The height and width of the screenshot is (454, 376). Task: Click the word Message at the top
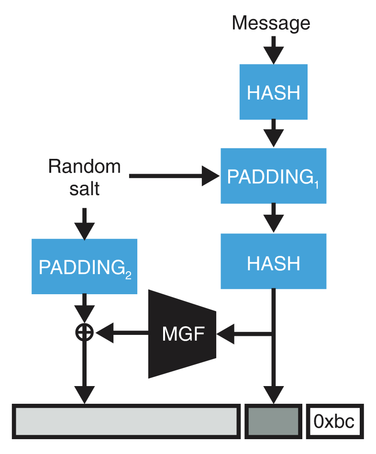click(271, 22)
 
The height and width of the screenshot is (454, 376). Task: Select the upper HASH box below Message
click(273, 92)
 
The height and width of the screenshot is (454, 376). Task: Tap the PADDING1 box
click(273, 176)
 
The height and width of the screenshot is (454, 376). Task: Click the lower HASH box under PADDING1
click(273, 262)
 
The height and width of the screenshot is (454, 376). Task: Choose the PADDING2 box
click(84, 266)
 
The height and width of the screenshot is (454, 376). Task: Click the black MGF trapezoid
click(183, 333)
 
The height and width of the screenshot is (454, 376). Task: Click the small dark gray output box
click(273, 421)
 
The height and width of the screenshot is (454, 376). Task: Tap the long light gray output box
click(127, 421)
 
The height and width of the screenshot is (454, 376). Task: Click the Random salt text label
click(84, 177)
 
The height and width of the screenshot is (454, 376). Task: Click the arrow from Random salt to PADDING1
click(172, 176)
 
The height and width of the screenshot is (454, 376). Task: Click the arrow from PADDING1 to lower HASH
click(273, 218)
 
